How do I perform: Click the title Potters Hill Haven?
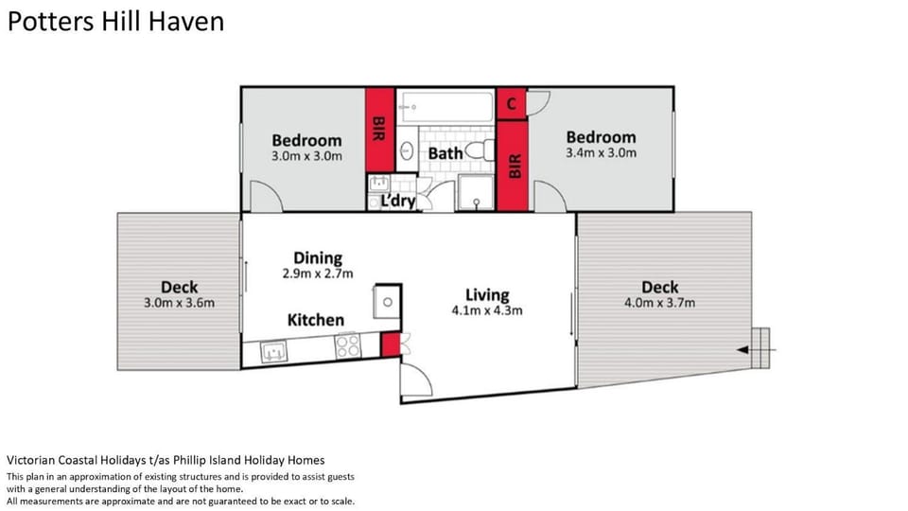(115, 22)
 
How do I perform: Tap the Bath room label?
(445, 153)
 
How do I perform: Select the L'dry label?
(398, 201)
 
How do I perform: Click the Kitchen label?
(316, 320)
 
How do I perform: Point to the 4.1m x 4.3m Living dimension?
(487, 310)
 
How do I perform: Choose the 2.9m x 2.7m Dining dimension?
(318, 273)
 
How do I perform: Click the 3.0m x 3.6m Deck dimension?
(179, 303)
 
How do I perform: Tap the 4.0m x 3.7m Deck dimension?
(659, 303)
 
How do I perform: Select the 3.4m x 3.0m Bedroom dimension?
(602, 153)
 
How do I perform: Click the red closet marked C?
(512, 104)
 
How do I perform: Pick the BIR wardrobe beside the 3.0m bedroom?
(379, 130)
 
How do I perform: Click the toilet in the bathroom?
(480, 150)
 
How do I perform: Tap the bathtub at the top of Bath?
(445, 107)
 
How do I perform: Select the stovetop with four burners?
(347, 346)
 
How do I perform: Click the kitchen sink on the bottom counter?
(274, 352)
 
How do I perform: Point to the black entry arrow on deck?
(756, 350)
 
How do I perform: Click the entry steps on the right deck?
(760, 347)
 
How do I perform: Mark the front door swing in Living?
(417, 380)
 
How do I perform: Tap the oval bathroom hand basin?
(407, 151)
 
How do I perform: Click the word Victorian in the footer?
(30, 461)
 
